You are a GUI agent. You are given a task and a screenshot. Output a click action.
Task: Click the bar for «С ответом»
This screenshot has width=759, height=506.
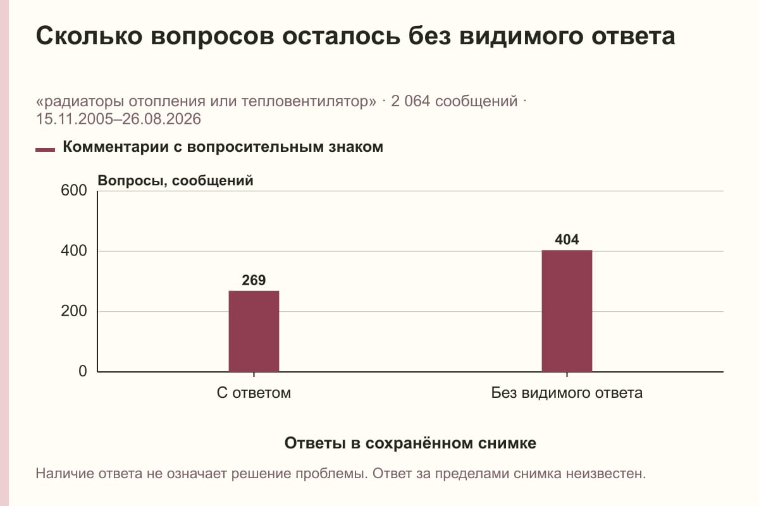coord(254,331)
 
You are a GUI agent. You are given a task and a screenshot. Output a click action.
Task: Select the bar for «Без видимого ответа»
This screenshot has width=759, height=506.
coord(567,311)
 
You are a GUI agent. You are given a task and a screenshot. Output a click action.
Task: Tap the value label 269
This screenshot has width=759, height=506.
coord(254,280)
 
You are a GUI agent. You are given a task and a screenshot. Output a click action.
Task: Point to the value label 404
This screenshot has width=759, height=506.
coord(567,240)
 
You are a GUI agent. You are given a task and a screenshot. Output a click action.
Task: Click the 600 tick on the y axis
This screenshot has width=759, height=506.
coord(74,190)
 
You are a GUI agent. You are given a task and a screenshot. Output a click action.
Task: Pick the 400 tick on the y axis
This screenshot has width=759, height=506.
coord(74,251)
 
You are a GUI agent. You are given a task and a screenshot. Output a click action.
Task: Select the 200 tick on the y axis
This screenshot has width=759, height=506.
coord(74,311)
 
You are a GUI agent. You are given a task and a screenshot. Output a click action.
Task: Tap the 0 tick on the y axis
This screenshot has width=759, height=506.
coord(83,371)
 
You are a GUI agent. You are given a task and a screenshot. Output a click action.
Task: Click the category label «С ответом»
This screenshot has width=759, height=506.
coord(254,393)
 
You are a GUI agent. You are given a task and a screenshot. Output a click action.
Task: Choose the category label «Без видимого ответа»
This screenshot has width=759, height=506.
coord(567,393)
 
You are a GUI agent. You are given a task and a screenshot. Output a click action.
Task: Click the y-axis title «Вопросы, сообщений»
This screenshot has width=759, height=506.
coord(176,181)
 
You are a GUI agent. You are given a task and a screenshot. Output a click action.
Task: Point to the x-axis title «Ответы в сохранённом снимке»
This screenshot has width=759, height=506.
coord(410,443)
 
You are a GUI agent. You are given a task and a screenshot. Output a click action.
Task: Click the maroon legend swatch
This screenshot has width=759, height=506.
coord(45,150)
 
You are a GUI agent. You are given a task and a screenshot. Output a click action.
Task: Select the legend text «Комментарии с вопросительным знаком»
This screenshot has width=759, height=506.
coord(223,147)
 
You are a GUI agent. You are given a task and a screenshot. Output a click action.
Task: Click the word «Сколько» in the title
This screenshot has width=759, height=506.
coord(89,36)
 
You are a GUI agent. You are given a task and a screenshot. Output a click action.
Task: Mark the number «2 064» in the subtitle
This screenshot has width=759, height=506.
coord(410,101)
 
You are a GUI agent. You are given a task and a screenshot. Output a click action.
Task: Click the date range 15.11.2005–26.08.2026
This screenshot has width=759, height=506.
coord(118,119)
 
